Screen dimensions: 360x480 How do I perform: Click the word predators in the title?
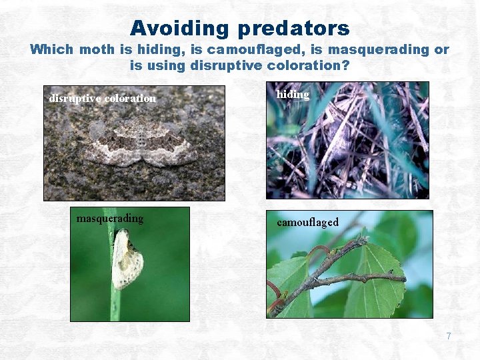(292, 28)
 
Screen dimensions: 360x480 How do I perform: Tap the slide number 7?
(449, 337)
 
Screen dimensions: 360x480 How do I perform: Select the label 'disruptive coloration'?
(103, 99)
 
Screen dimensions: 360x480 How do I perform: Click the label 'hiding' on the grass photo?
(293, 95)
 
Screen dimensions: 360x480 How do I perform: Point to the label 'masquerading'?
(110, 219)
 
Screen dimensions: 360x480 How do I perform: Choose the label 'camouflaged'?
(307, 222)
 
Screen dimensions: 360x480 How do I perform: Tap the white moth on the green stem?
(127, 259)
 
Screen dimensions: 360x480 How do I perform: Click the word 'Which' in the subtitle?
(53, 50)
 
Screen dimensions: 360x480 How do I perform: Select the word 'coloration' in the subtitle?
(304, 66)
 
